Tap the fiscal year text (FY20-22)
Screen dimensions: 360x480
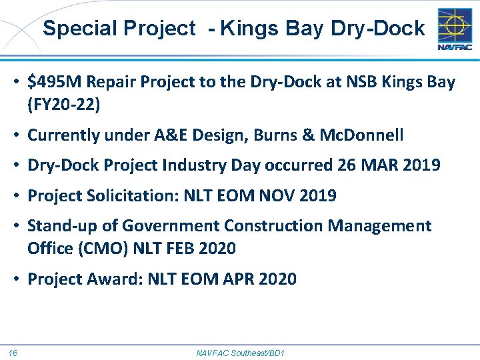click(63, 104)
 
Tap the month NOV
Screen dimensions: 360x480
click(274, 196)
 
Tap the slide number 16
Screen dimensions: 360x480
click(13, 352)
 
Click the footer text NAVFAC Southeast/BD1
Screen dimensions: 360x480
click(240, 352)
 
